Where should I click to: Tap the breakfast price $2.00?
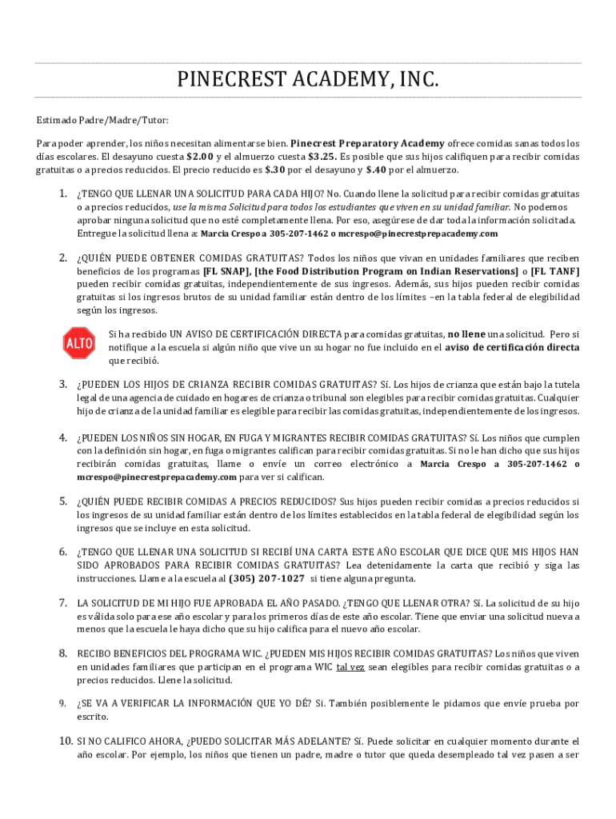[200, 156]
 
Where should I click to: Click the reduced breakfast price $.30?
[275, 170]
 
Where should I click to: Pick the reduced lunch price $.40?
[376, 170]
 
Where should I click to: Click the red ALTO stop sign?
[78, 343]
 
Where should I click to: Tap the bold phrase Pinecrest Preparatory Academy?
[362, 143]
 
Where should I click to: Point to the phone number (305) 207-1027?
[266, 578]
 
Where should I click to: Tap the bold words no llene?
[466, 333]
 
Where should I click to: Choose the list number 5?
[62, 501]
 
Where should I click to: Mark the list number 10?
[65, 741]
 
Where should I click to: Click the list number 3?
[62, 384]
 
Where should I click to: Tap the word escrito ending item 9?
[91, 717]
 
